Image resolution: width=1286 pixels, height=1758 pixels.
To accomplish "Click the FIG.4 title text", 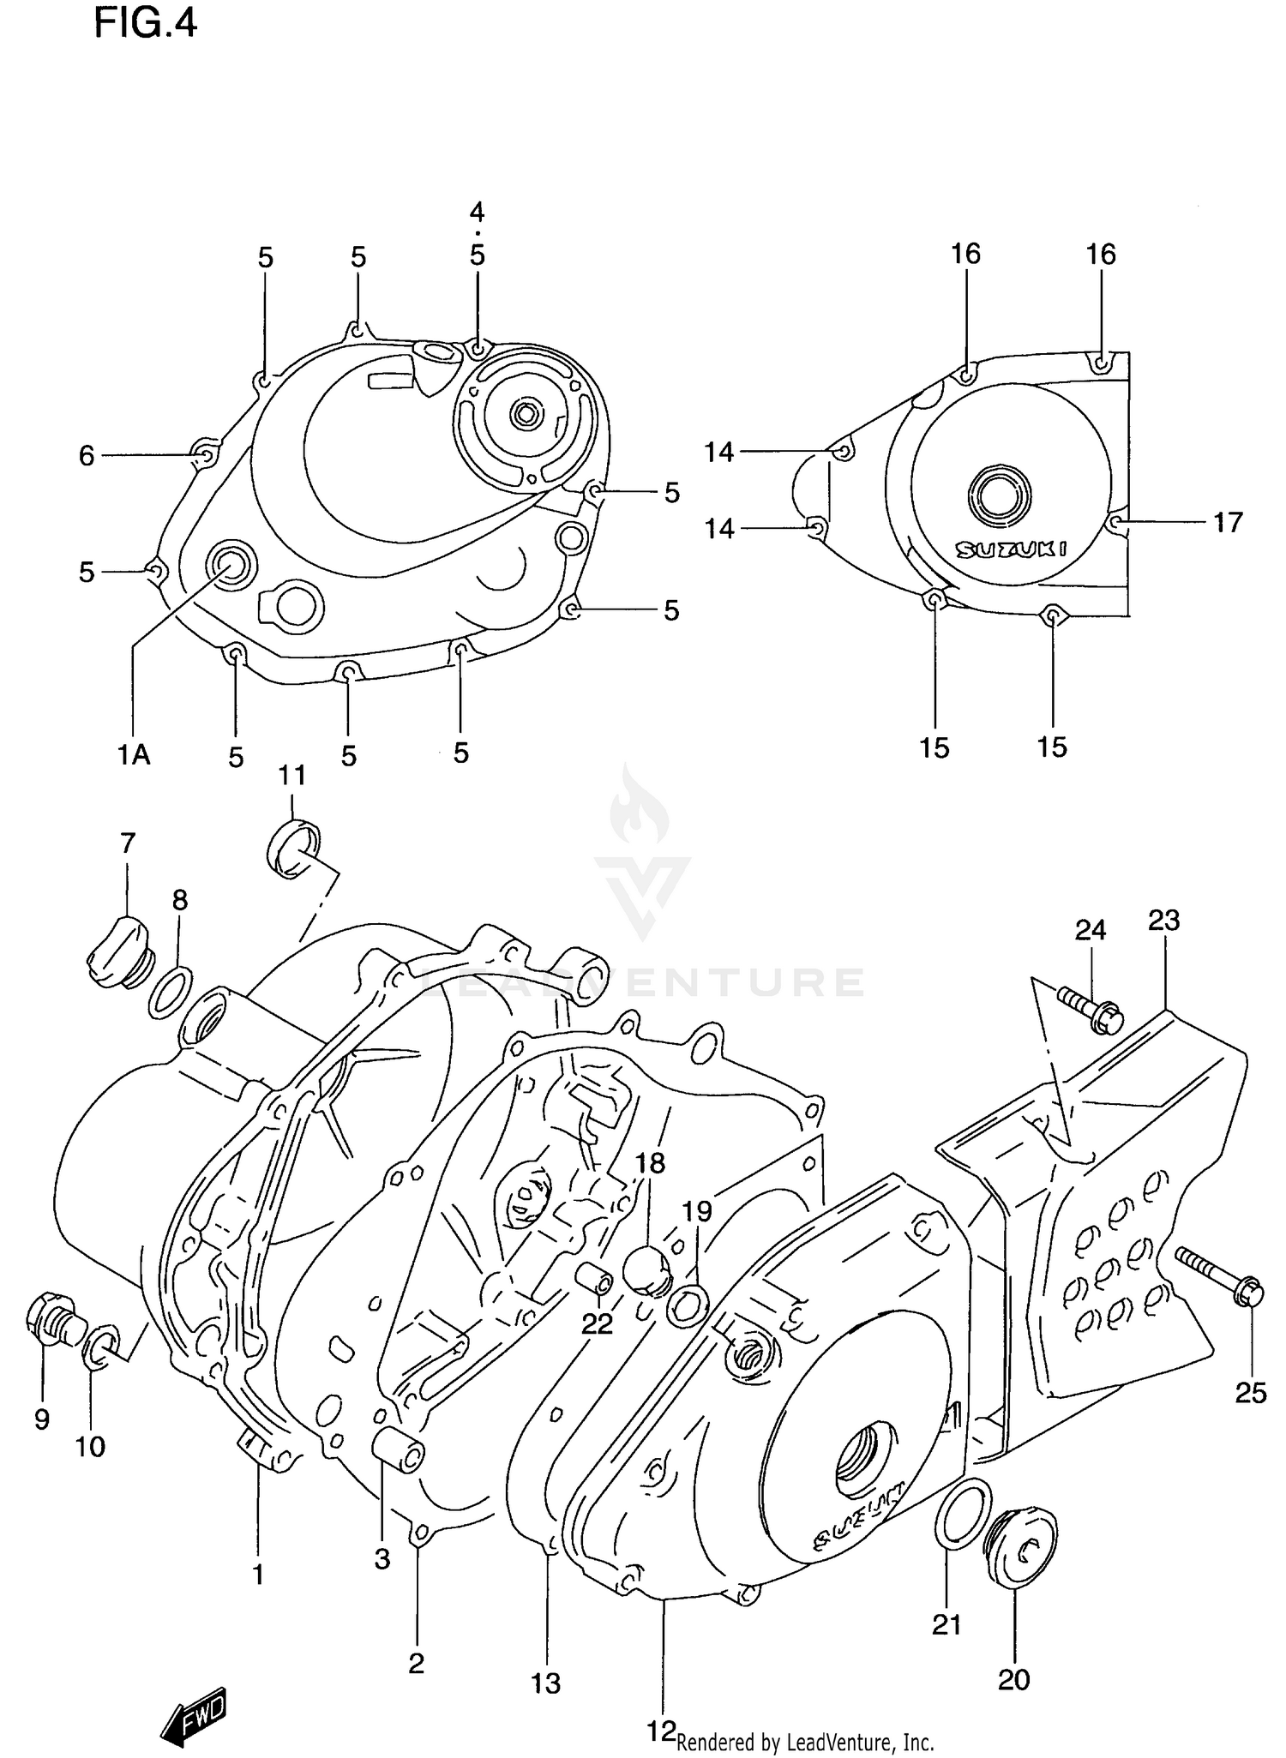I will point(145,23).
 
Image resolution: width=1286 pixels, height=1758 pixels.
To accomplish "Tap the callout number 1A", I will point(134,754).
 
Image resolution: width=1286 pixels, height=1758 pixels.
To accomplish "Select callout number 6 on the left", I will point(87,456).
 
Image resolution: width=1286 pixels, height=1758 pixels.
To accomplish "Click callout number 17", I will point(1227,522).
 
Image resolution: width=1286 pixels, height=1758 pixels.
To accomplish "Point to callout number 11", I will point(291,776).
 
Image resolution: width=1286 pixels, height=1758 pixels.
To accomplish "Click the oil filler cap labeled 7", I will point(118,951).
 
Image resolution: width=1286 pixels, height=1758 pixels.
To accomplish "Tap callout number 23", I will point(1164,921).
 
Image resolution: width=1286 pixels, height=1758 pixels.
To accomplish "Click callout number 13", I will point(545,1683).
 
